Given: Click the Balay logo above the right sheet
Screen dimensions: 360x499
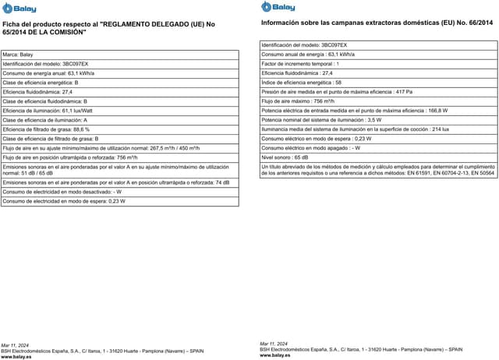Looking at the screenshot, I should click(x=278, y=7).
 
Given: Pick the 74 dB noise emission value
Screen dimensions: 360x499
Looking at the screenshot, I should click(x=222, y=182).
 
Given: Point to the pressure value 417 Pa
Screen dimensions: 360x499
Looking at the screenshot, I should click(x=404, y=91).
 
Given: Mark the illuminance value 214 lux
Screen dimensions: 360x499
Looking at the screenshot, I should click(x=441, y=129).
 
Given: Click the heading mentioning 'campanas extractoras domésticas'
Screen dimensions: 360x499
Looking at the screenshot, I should click(x=377, y=24).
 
